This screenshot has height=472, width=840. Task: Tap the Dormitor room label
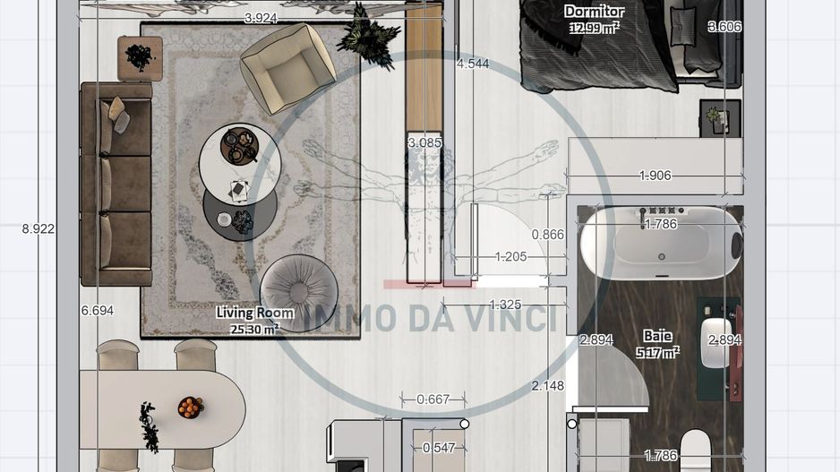click(x=594, y=12)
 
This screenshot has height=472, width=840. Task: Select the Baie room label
click(x=656, y=336)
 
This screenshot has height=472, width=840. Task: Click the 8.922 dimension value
click(x=39, y=228)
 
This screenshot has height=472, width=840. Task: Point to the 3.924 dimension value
click(x=261, y=18)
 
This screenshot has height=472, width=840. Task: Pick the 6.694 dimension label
click(x=98, y=310)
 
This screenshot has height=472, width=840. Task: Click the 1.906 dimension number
click(x=655, y=176)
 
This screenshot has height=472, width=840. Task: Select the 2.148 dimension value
click(x=547, y=386)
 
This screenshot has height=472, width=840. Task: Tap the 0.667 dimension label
click(x=433, y=399)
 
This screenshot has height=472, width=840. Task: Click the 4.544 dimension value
click(x=472, y=64)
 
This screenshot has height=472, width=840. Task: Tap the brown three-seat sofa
click(x=116, y=184)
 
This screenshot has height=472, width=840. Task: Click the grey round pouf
click(x=299, y=292)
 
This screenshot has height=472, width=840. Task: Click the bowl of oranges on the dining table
click(x=190, y=408)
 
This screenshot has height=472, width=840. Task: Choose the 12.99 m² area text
click(x=594, y=28)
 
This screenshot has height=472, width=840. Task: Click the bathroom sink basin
click(x=717, y=343)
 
